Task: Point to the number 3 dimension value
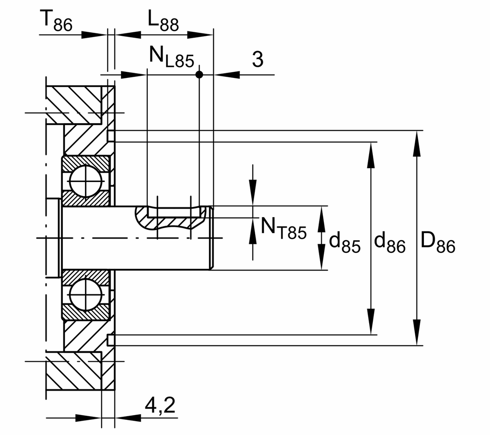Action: tap(257, 59)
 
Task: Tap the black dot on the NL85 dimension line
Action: tap(199, 75)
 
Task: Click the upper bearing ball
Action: tap(86, 181)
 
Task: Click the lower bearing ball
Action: tap(86, 295)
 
